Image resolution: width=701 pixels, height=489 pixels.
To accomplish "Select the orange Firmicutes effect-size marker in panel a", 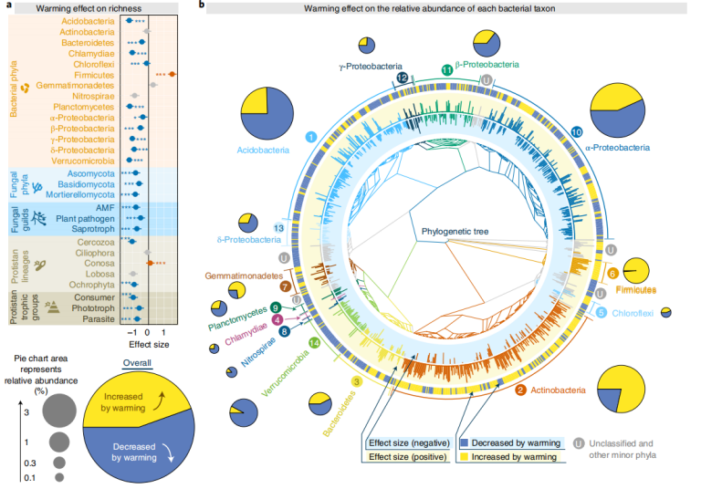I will tap(173, 74).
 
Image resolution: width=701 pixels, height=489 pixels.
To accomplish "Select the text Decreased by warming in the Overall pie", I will tap(131, 453).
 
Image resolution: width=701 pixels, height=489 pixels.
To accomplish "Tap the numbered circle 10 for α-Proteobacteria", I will tap(576, 132).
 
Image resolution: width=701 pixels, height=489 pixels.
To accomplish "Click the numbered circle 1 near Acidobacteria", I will tap(311, 136).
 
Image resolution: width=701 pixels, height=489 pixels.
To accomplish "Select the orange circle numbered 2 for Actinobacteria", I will tap(518, 390).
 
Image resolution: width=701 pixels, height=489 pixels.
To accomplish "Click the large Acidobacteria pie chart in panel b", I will tap(267, 114).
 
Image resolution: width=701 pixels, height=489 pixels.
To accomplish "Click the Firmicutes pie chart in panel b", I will tap(637, 271).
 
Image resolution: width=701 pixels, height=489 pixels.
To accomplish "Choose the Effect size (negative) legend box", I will tap(407, 442).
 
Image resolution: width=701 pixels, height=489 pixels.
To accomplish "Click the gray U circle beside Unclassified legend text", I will tap(579, 443).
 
